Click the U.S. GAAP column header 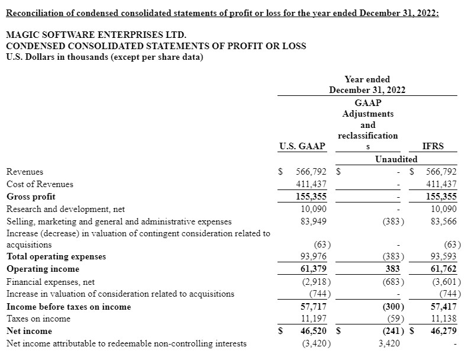click(x=302, y=146)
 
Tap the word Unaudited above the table click(x=396, y=159)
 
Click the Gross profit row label click(x=31, y=197)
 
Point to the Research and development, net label click(x=66, y=209)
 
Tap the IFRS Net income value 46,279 click(x=443, y=331)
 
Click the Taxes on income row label click(x=38, y=319)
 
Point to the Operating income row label click(x=43, y=269)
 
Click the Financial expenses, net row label click(x=50, y=282)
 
